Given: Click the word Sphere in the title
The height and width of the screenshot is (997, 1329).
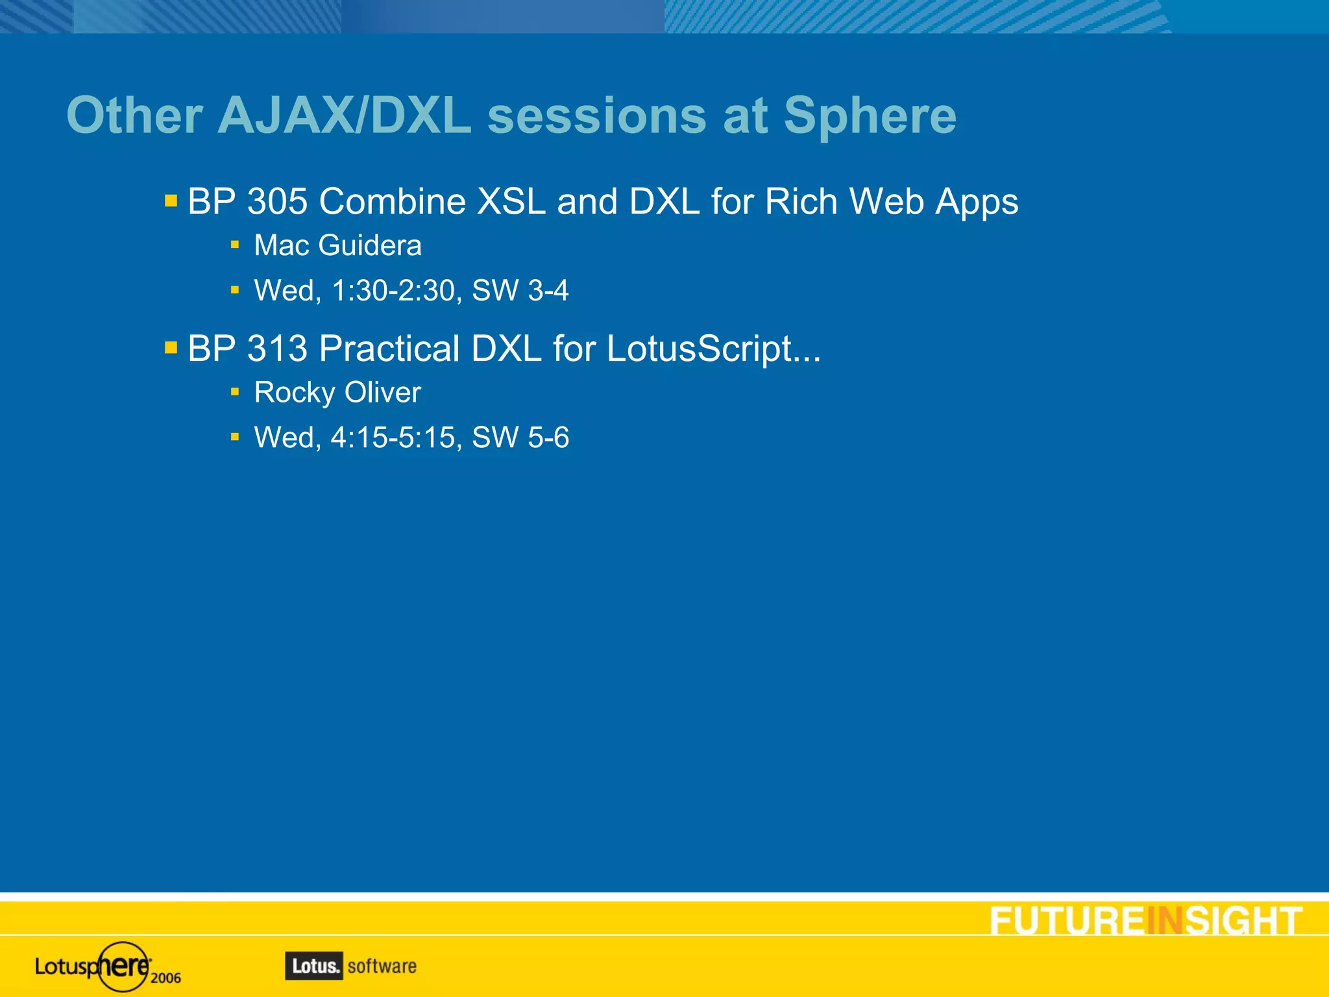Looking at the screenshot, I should pyautogui.click(x=870, y=117).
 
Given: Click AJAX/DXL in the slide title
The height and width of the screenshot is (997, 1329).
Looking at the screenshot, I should pyautogui.click(x=344, y=117).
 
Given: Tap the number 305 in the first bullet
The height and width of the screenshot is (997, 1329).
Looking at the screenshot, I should pyautogui.click(x=277, y=201).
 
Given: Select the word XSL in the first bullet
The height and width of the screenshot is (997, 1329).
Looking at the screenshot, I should pyautogui.click(x=511, y=201).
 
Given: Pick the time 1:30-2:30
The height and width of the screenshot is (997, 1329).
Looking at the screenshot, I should pyautogui.click(x=393, y=291).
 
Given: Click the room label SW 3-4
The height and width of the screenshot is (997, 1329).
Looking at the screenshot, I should pyautogui.click(x=520, y=291).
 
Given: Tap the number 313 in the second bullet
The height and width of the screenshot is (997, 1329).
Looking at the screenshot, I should pyautogui.click(x=277, y=349).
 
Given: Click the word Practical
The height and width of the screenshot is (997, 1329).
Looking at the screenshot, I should pyautogui.click(x=389, y=349).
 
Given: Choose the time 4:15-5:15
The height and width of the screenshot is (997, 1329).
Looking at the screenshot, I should pyautogui.click(x=393, y=437).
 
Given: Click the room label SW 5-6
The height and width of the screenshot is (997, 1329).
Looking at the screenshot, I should pyautogui.click(x=520, y=437).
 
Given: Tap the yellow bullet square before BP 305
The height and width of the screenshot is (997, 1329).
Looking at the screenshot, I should pyautogui.click(x=171, y=201).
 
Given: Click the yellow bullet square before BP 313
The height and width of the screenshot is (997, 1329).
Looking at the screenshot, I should pyautogui.click(x=171, y=348).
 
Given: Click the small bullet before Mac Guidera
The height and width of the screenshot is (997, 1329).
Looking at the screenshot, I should pyautogui.click(x=235, y=245).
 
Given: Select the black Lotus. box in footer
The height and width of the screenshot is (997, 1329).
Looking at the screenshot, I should pyautogui.click(x=313, y=966).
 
